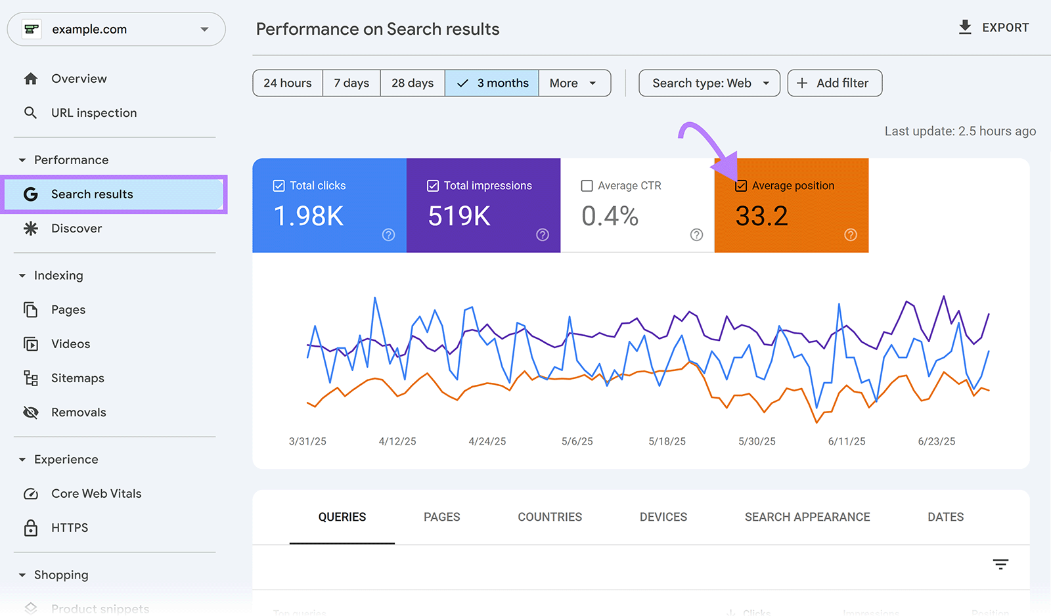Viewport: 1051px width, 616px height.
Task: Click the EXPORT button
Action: click(x=993, y=28)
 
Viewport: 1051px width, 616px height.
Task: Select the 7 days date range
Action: click(x=351, y=83)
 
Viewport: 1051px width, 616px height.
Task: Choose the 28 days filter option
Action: click(x=413, y=83)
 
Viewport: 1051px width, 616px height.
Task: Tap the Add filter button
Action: click(x=834, y=83)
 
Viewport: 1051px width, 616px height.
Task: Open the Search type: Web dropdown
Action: click(x=709, y=83)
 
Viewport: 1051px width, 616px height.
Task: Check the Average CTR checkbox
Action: click(x=587, y=186)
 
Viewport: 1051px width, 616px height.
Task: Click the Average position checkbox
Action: click(x=741, y=186)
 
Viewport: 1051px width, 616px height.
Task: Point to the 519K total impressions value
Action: click(x=459, y=216)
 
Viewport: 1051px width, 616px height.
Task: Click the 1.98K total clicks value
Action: click(x=308, y=216)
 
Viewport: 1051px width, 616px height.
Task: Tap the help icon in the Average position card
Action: click(x=851, y=235)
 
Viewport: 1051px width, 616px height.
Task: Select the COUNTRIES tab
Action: click(x=550, y=517)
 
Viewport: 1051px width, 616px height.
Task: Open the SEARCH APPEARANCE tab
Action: click(x=807, y=517)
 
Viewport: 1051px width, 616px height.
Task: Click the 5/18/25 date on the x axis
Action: click(x=667, y=441)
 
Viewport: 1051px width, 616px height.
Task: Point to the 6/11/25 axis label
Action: click(x=847, y=441)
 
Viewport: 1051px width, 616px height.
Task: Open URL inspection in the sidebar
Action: click(x=94, y=113)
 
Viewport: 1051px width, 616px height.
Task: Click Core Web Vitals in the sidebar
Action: click(x=96, y=494)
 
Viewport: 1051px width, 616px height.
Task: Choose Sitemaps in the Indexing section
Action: click(x=78, y=378)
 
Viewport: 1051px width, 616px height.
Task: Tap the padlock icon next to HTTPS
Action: click(x=31, y=528)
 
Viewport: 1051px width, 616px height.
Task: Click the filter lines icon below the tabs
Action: click(x=1000, y=564)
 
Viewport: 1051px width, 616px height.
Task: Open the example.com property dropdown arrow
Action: click(x=204, y=30)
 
